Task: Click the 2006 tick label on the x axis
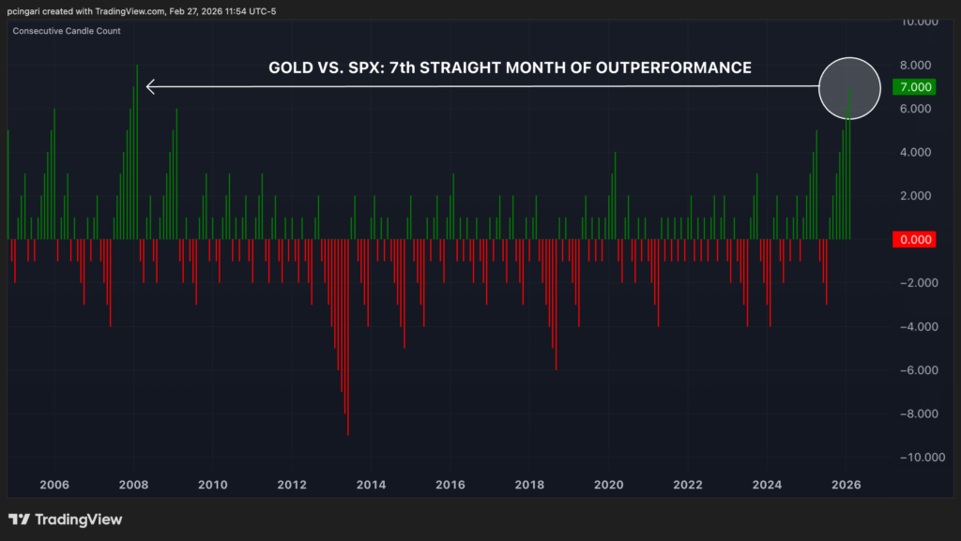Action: click(x=53, y=485)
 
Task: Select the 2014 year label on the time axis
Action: click(x=371, y=485)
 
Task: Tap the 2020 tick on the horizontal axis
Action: click(x=609, y=485)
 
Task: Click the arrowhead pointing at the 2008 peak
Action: click(x=151, y=87)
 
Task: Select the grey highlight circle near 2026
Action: click(x=850, y=87)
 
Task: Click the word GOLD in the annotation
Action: click(x=290, y=68)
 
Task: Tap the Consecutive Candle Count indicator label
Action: click(x=67, y=31)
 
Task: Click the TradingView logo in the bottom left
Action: click(x=66, y=519)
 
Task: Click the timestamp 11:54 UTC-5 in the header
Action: click(x=252, y=10)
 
